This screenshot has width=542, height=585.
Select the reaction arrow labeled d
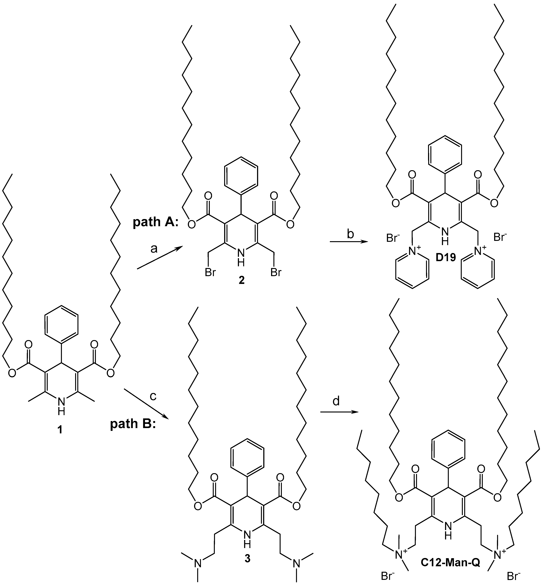click(x=339, y=412)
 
